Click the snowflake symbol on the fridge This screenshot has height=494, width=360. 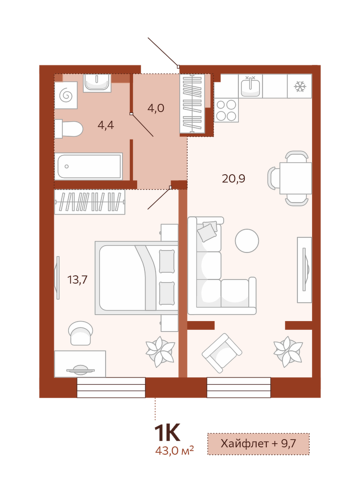pos(300,86)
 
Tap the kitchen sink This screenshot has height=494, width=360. pos(250,86)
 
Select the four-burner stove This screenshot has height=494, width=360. pos(226,110)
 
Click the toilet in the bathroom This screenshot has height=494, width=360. pos(69,129)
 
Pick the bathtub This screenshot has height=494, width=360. pos(88,166)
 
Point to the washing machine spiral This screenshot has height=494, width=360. pos(66,95)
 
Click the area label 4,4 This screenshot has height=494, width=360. pos(106,125)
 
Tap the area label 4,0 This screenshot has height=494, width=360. pos(156,108)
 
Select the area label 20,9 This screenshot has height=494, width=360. pos(233,179)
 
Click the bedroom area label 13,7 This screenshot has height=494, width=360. pos(77,279)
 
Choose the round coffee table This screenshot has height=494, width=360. pos(247,241)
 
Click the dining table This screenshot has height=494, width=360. pos(296,178)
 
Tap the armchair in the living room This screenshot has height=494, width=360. pos(222,353)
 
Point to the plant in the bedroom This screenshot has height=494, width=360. pos(160,352)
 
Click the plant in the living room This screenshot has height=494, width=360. pos(288,352)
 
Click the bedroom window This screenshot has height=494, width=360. pos(111,387)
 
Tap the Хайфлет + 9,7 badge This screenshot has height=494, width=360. pos(258,444)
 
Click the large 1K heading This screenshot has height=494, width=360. pos(167,433)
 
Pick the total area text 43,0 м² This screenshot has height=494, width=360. pos(174,451)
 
